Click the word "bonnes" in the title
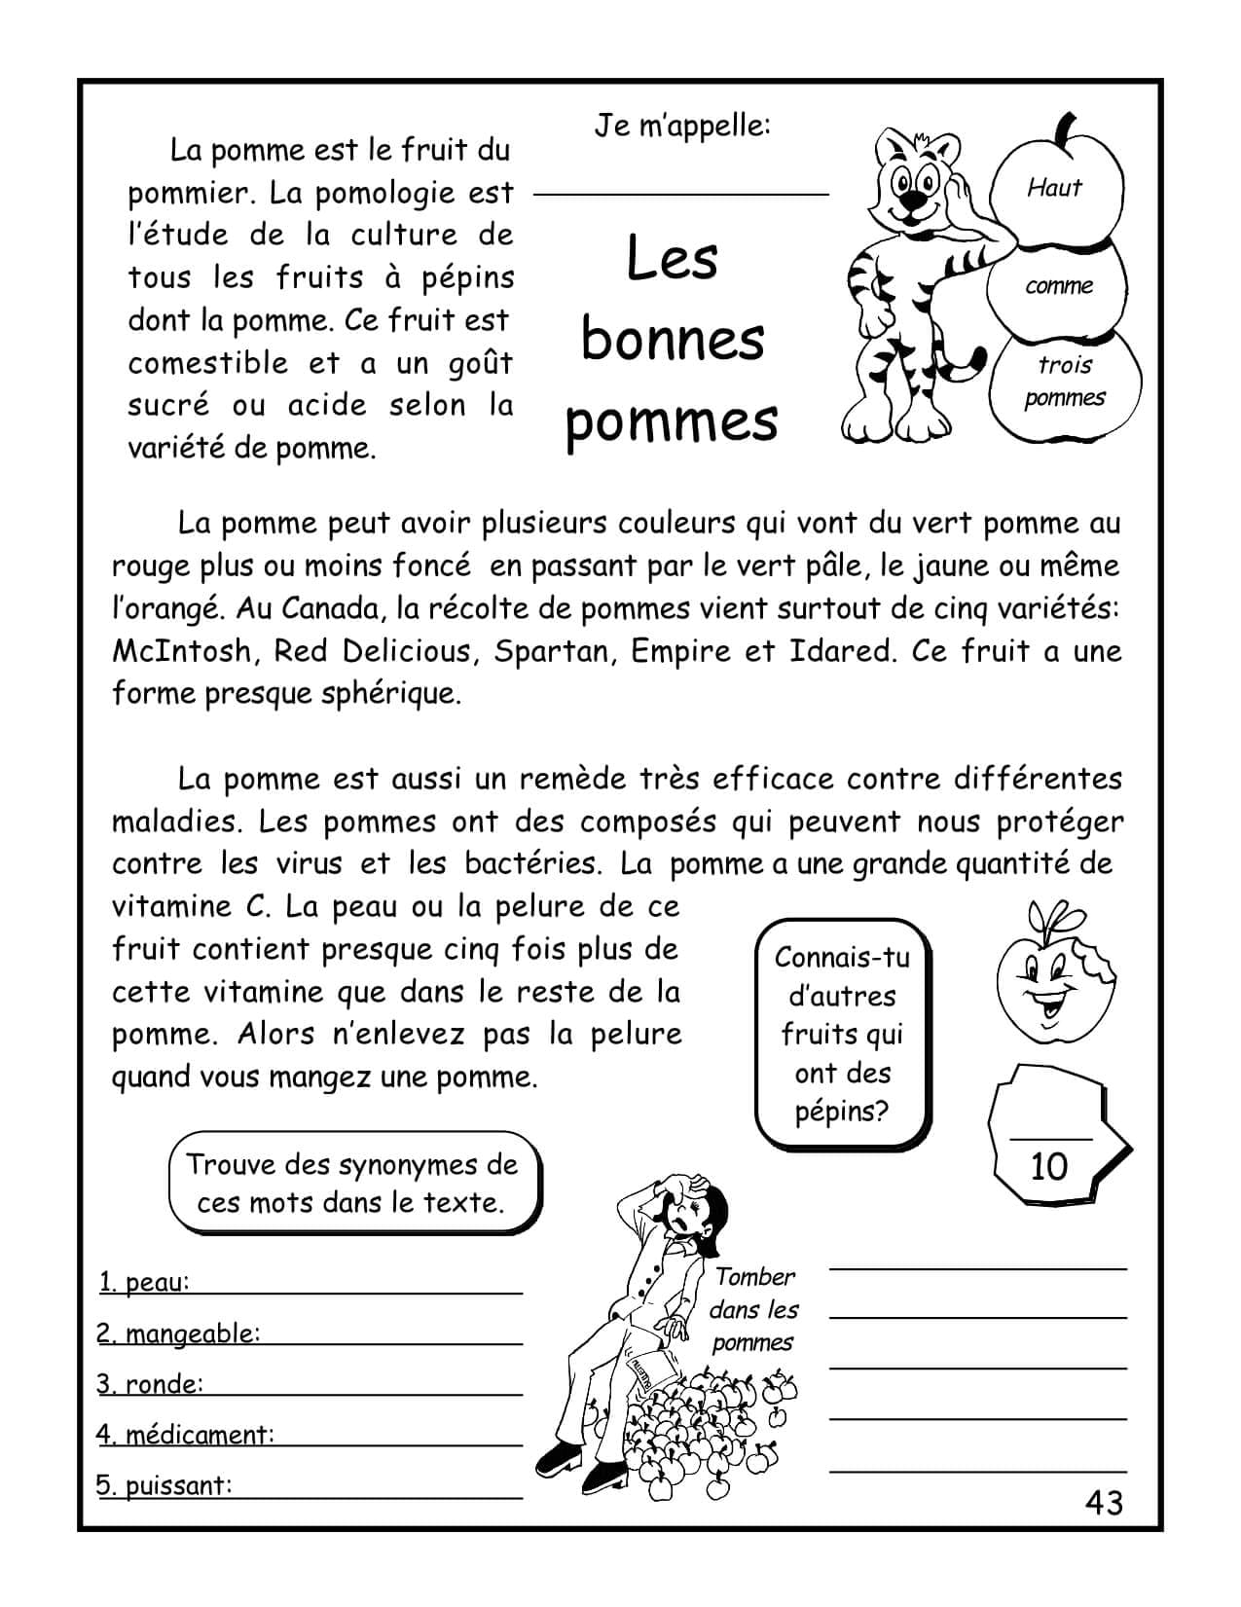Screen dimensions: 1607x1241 point(673,339)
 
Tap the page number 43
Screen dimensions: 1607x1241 point(1104,1503)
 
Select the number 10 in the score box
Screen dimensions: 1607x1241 point(1048,1166)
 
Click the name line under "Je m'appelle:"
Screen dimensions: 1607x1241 point(681,194)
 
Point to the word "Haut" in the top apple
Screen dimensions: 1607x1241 point(1054,187)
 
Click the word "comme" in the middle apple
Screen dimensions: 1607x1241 point(1059,286)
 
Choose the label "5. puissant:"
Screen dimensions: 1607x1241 point(165,1485)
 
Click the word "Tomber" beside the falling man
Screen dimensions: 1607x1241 point(755,1277)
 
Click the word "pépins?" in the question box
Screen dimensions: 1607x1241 point(842,1112)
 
